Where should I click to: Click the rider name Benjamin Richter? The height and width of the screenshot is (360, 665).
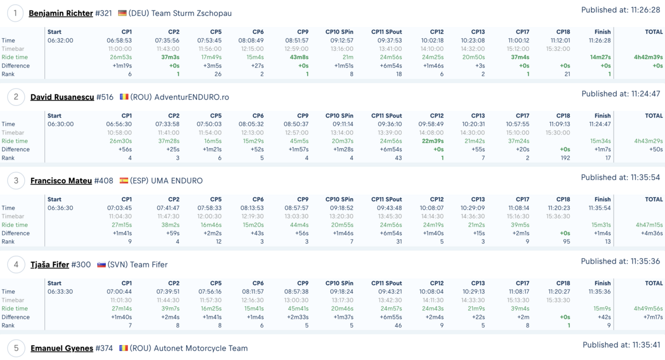click(60, 13)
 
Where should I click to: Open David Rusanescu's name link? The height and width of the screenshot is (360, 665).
click(62, 97)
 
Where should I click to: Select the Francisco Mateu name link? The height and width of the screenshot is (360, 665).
click(61, 181)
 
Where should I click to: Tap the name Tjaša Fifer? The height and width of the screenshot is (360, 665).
click(49, 264)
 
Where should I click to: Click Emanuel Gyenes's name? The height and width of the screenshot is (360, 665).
click(62, 348)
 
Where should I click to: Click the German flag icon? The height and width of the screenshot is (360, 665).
click(122, 13)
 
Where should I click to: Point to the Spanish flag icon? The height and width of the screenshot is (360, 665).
click(124, 181)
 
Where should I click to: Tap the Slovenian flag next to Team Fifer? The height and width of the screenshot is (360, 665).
click(101, 264)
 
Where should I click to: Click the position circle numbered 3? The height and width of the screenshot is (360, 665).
click(16, 181)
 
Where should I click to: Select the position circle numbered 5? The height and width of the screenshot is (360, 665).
click(16, 348)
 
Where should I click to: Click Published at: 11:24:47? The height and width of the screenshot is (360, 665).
click(621, 94)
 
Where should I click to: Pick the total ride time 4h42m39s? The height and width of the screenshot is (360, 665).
click(648, 57)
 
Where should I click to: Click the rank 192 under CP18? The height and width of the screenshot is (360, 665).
click(565, 158)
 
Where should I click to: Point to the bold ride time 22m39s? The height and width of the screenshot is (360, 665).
click(433, 141)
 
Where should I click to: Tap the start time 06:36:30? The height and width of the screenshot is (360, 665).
click(60, 208)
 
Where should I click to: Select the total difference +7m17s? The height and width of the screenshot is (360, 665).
click(653, 317)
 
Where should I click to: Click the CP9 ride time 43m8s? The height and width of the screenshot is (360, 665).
click(299, 57)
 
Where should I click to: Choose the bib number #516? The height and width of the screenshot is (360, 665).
click(105, 97)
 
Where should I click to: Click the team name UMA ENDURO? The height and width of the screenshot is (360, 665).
click(177, 181)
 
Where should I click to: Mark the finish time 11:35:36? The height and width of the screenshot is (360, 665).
click(600, 291)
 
